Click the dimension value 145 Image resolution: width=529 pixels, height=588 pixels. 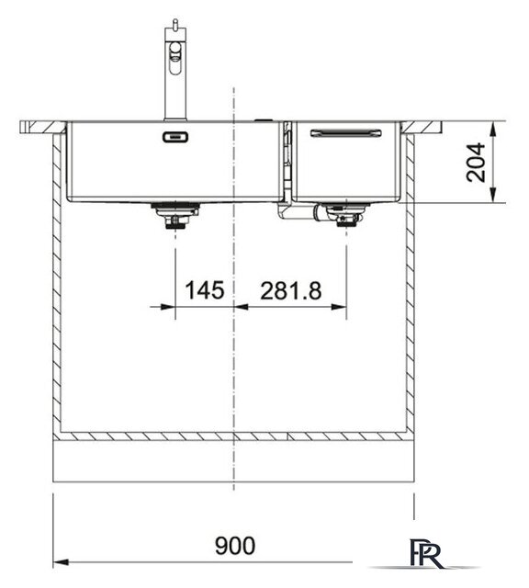tap(204, 291)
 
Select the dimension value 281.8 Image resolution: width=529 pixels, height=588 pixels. tap(290, 291)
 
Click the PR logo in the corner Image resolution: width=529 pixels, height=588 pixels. tap(428, 555)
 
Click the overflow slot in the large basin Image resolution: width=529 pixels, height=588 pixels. tap(174, 137)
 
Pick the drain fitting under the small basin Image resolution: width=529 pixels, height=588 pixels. tap(345, 217)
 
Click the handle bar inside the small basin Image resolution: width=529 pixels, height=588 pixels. tap(344, 133)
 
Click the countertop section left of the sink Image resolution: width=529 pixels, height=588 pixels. tap(42, 126)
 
